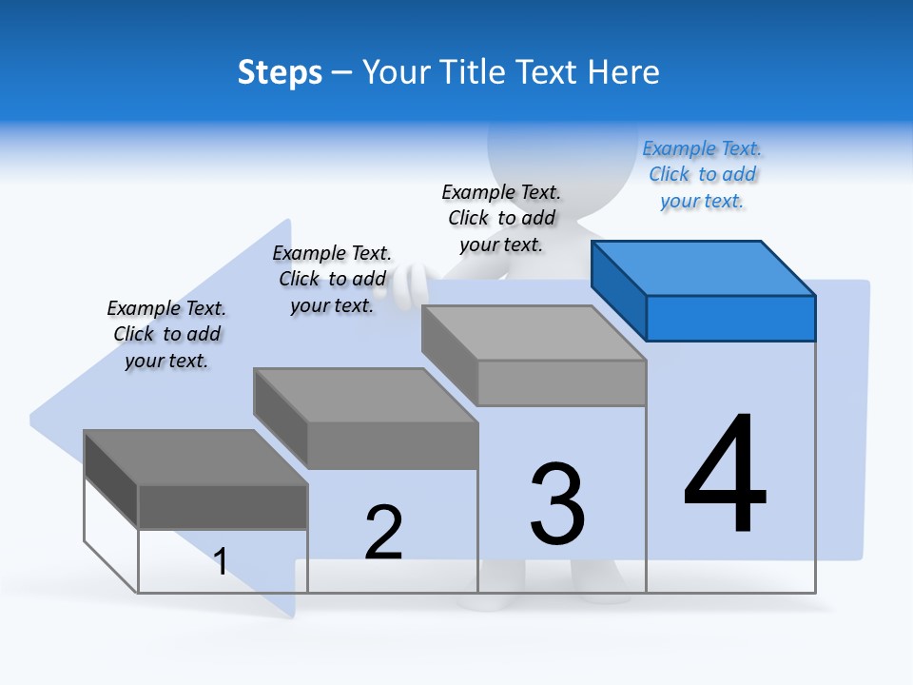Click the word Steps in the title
(280, 72)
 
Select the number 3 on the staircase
(557, 504)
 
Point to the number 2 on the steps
(383, 532)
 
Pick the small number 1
(221, 561)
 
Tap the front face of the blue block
(730, 318)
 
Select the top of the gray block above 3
(533, 333)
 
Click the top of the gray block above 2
(364, 395)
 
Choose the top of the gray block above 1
(195, 457)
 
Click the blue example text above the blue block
(702, 174)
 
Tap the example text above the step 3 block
(501, 218)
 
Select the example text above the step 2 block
(332, 279)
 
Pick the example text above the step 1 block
(166, 334)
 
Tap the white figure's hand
(415, 282)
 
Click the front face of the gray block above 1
(223, 506)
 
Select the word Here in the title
(624, 72)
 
